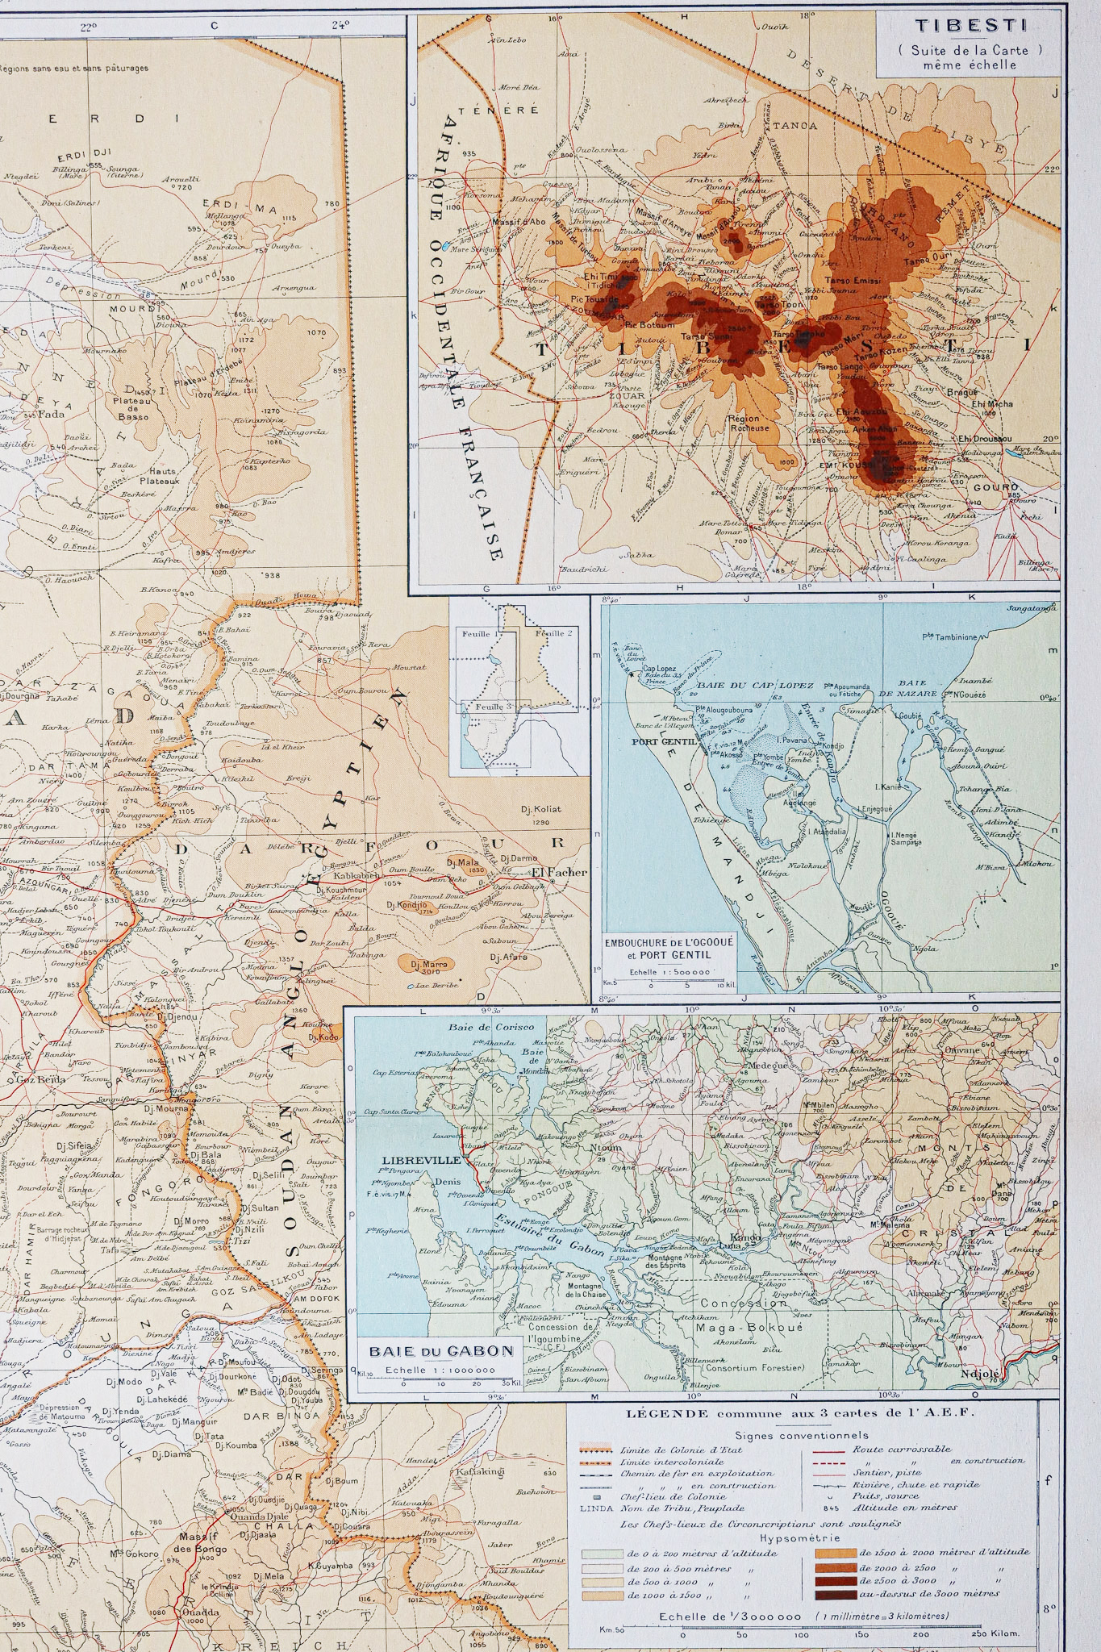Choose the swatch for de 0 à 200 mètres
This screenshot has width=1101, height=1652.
point(598,1552)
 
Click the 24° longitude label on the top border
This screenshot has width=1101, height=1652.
point(340,25)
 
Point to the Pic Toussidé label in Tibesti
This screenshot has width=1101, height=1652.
point(594,298)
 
